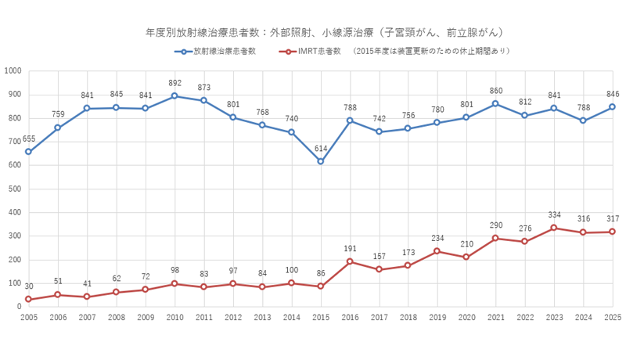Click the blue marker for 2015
(321, 161)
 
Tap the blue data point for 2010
(174, 96)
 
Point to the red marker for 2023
(554, 228)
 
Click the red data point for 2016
(350, 261)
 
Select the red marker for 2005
(28, 299)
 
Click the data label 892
(175, 83)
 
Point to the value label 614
(322, 148)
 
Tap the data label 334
(555, 214)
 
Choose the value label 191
(351, 248)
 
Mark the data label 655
(29, 139)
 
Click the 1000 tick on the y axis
(13, 71)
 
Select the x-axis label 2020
(466, 319)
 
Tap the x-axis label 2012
(233, 319)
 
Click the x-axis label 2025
(613, 319)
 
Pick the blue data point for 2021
(496, 103)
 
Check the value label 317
(613, 218)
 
